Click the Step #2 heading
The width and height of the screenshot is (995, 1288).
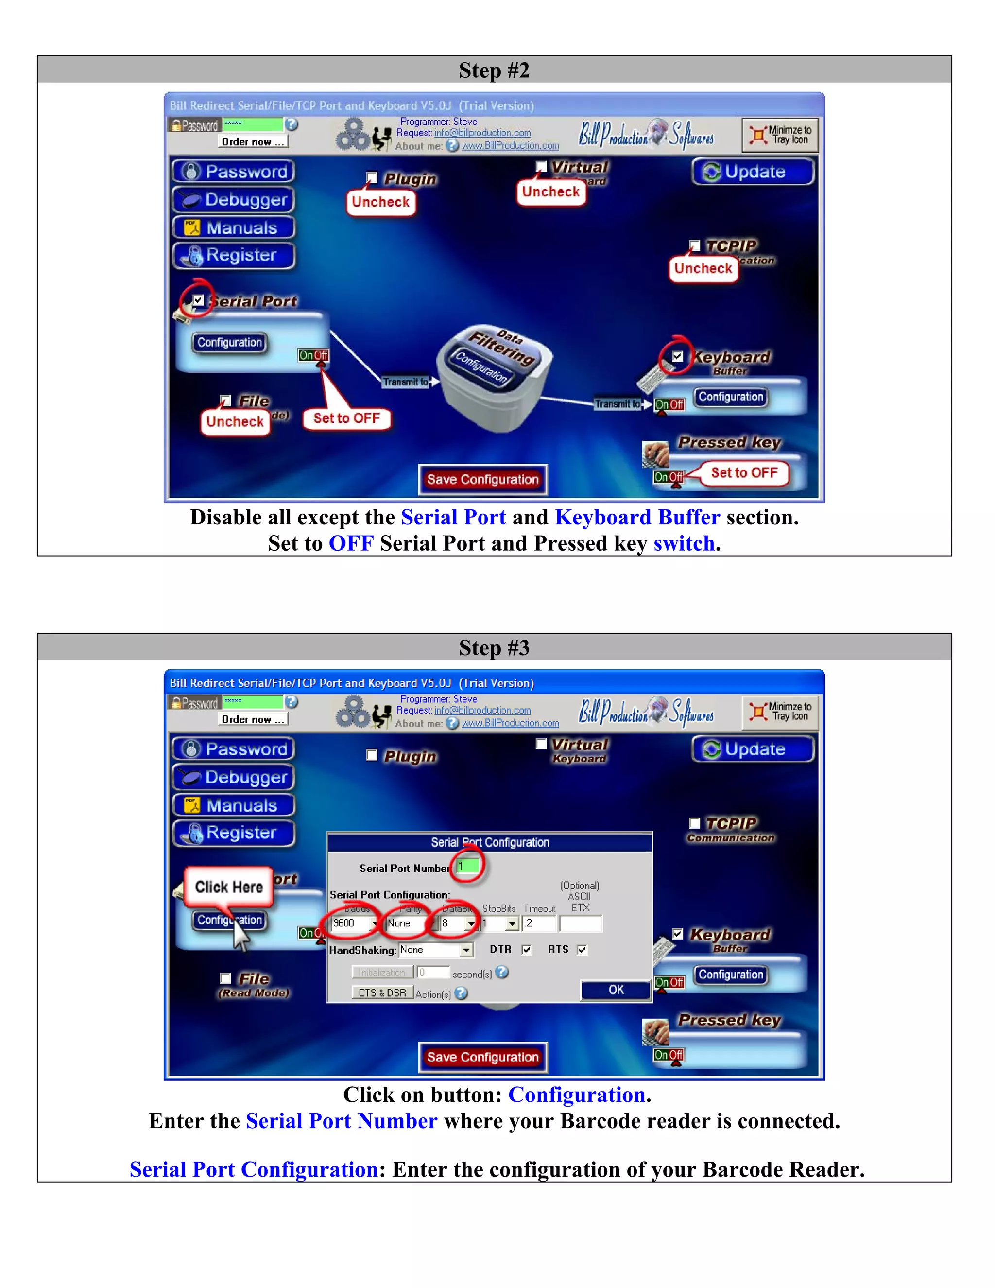pyautogui.click(x=494, y=70)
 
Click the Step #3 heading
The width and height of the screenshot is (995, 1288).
pyautogui.click(x=494, y=647)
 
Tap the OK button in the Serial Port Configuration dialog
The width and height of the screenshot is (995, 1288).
pyautogui.click(x=616, y=990)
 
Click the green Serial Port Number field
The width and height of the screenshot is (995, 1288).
pyautogui.click(x=468, y=866)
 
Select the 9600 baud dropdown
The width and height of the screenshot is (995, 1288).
pyautogui.click(x=354, y=923)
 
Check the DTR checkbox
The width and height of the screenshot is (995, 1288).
pyautogui.click(x=526, y=950)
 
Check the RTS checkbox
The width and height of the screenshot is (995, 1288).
pyautogui.click(x=582, y=950)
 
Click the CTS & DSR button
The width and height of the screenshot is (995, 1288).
pyautogui.click(x=382, y=992)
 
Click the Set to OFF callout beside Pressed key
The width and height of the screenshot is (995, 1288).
pyautogui.click(x=744, y=473)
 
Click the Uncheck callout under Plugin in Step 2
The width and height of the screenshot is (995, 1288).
pyautogui.click(x=380, y=202)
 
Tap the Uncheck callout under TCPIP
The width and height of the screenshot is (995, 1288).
pyautogui.click(x=703, y=269)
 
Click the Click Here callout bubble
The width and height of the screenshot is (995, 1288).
pyautogui.click(x=229, y=887)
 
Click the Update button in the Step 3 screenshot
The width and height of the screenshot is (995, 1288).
pyautogui.click(x=754, y=749)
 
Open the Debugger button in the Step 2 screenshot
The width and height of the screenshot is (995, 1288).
pyautogui.click(x=234, y=200)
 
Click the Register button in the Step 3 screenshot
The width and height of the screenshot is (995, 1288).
pyautogui.click(x=234, y=833)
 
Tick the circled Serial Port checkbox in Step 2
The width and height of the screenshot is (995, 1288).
pyautogui.click(x=199, y=300)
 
